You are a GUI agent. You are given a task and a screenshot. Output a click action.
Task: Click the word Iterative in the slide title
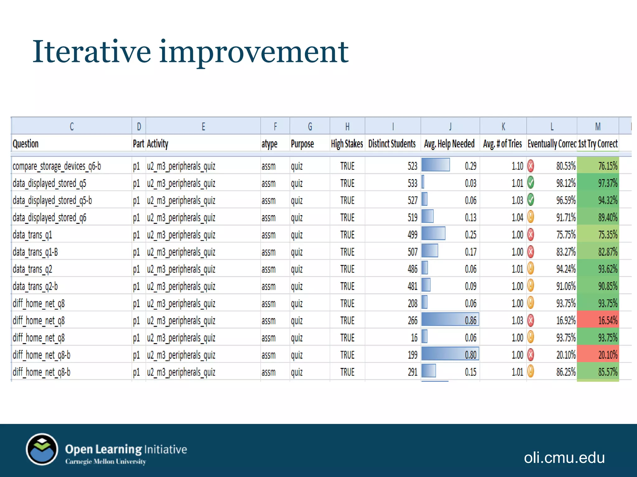coord(91,52)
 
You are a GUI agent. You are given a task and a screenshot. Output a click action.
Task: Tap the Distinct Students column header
coord(392,144)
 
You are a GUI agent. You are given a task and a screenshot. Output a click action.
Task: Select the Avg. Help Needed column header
coord(449,144)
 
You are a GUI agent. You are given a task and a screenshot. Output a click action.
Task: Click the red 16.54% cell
coord(598,320)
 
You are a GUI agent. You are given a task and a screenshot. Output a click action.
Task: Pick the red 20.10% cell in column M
coord(598,355)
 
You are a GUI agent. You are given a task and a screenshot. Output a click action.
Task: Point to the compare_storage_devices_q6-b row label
coord(57,166)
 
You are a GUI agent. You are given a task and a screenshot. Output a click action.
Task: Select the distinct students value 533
coord(412,184)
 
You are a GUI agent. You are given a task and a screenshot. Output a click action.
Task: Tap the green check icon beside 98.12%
coord(531,183)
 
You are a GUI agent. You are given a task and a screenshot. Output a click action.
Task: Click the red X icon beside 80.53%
coord(531,166)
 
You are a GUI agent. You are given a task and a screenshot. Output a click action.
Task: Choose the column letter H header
coord(347,126)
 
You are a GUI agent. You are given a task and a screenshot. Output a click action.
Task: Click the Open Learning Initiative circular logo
coord(42,449)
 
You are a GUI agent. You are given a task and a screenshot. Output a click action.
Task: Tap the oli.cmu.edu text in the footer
coord(564,458)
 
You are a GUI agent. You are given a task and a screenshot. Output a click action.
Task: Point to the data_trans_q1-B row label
coord(35,252)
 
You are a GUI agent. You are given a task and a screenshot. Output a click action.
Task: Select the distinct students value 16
coord(414,338)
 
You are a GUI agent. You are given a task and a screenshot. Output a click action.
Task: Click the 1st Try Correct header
coord(598,144)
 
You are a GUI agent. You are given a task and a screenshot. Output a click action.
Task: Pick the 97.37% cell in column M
coord(598,183)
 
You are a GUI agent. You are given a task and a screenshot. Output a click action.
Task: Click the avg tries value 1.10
coord(518,166)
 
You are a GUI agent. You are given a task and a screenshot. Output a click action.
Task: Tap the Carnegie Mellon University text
coord(105,462)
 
